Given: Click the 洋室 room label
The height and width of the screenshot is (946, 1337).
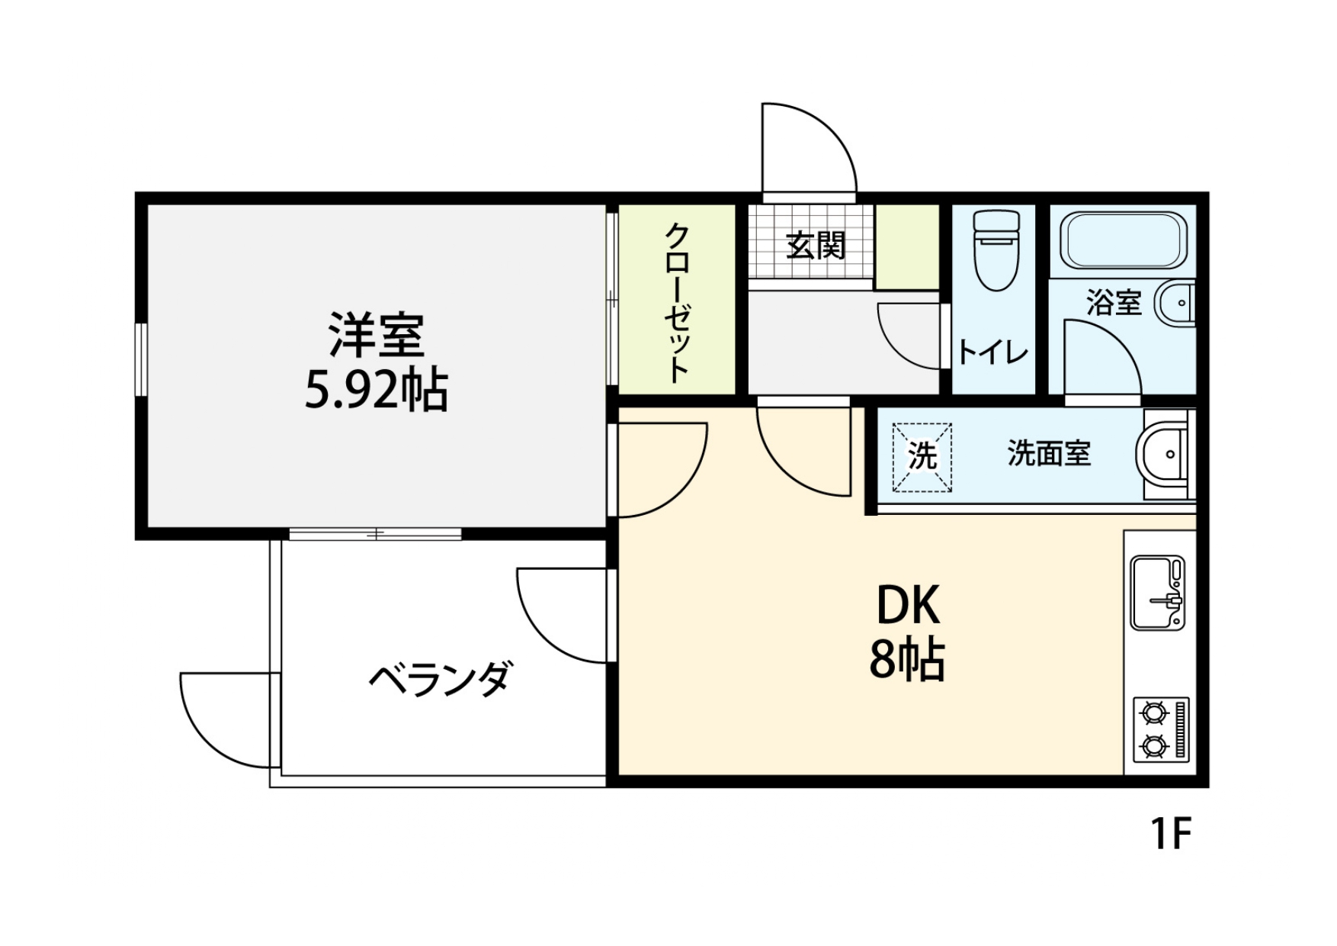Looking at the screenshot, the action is tap(376, 335).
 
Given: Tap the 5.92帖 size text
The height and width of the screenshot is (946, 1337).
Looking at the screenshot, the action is tap(376, 391).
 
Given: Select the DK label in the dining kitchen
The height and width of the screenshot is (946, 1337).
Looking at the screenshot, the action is tap(908, 605).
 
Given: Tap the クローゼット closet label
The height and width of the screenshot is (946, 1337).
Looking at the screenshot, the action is tap(677, 302).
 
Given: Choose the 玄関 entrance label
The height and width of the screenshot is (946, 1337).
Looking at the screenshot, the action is tap(816, 246).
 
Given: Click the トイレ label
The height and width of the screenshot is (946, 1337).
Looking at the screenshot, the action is tap(992, 352).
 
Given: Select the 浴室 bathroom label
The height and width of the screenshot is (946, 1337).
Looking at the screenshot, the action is tap(1114, 303).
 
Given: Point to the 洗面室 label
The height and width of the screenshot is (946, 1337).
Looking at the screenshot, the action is tap(1049, 453).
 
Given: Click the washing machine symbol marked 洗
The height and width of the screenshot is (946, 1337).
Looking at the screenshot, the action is tap(922, 457).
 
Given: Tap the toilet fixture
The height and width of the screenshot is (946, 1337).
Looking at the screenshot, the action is tap(996, 251).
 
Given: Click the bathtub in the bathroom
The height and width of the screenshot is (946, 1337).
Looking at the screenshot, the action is tap(1123, 238).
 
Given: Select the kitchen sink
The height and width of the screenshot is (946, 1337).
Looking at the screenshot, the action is tap(1157, 593).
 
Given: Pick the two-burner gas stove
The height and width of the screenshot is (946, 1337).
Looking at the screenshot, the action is tap(1161, 729).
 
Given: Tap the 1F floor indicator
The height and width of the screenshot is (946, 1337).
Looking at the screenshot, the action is tap(1170, 834).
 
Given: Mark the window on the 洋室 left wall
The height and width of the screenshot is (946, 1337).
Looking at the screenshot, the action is tap(141, 359).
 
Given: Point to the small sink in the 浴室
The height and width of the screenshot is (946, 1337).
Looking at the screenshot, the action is tap(1175, 303).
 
